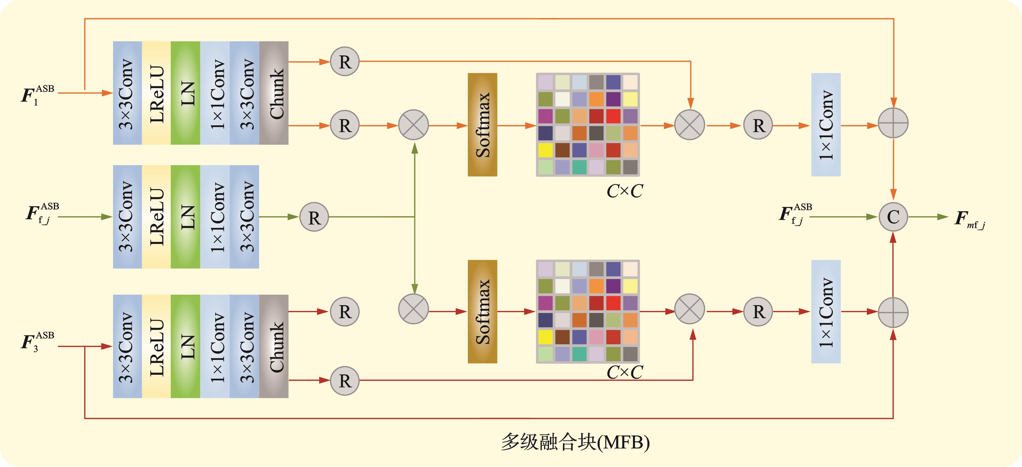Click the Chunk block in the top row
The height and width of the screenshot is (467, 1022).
274,93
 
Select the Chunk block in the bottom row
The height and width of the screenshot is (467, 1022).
274,346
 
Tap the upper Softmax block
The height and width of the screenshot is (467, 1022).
482,125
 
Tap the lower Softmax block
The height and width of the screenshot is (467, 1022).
482,312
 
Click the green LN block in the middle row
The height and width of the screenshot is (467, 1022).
185,217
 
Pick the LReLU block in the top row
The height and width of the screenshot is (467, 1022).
156,93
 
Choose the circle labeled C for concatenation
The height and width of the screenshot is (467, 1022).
893,217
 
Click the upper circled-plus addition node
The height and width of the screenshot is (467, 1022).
893,123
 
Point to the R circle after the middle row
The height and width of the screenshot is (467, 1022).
314,217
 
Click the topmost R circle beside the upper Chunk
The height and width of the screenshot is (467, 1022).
345,61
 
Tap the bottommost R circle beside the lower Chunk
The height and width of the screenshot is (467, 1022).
345,381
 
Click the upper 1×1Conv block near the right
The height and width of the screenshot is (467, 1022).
826,125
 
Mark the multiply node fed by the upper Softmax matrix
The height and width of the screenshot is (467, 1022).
690,125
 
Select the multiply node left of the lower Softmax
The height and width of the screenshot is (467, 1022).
413,309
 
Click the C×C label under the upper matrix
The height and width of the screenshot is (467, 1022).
625,191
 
